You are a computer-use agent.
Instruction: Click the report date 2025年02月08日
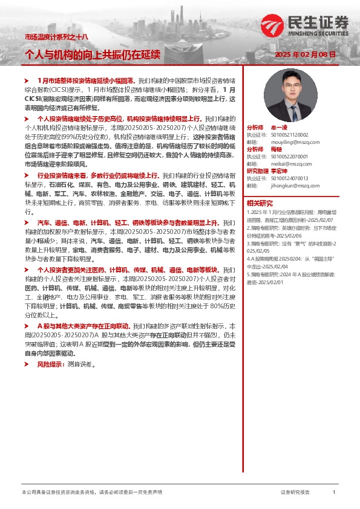pos(305,55)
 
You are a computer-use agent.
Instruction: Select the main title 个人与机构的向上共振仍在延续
pos(92,55)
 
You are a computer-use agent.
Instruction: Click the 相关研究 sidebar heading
pos(260,203)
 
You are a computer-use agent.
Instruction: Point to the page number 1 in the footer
pos(334,493)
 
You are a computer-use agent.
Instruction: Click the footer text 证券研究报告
pos(295,493)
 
